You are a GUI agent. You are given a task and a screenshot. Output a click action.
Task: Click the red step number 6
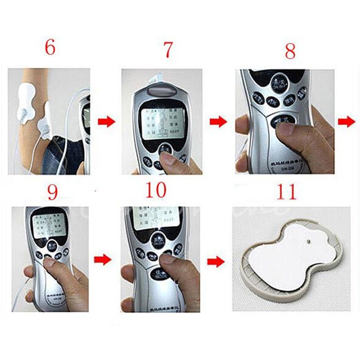50,47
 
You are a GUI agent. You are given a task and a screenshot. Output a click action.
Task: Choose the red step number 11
286,192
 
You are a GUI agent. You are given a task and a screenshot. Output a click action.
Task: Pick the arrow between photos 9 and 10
103,259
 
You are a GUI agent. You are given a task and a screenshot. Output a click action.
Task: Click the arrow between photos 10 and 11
216,261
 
